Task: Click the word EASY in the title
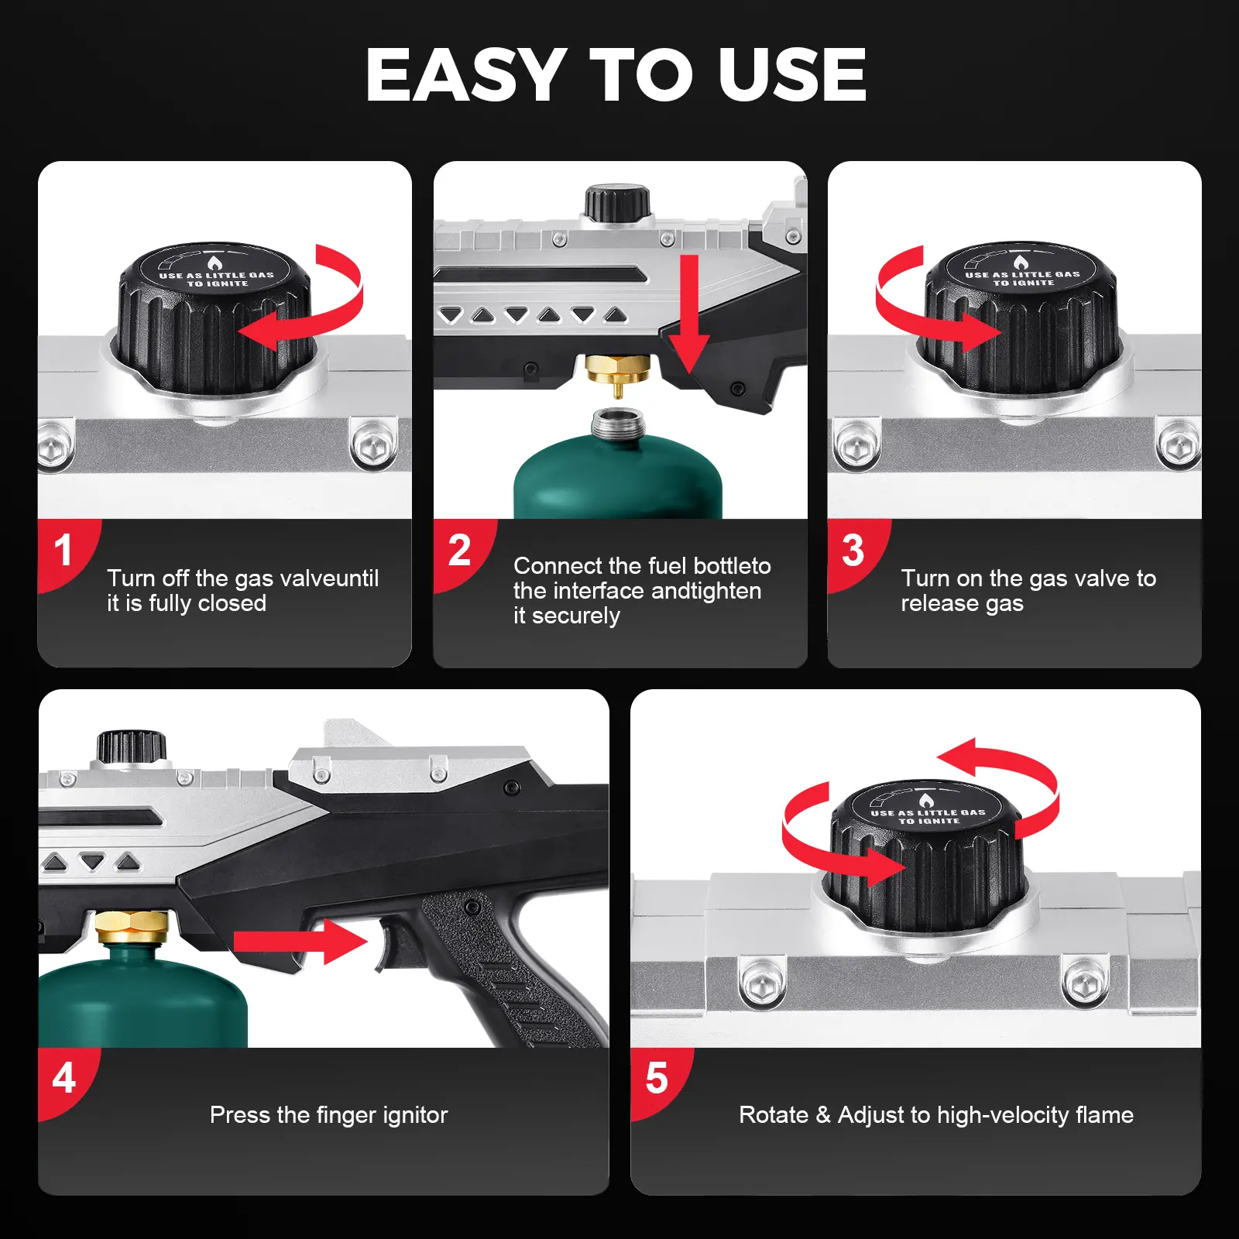[x=466, y=74]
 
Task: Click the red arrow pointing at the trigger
[x=300, y=942]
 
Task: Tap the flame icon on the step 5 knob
[x=926, y=801]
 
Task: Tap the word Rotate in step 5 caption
[x=774, y=1115]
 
